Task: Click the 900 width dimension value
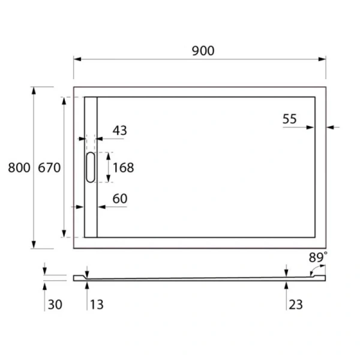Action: point(203,51)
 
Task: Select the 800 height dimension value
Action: point(19,168)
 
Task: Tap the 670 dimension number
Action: point(49,168)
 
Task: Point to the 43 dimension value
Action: point(119,130)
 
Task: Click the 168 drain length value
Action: point(123,167)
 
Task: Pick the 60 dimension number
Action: point(119,198)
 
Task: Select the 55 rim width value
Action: point(290,119)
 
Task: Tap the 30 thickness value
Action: point(55,305)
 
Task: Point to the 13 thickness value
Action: point(96,305)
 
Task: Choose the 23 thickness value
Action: point(296,305)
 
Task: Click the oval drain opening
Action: point(90,167)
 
